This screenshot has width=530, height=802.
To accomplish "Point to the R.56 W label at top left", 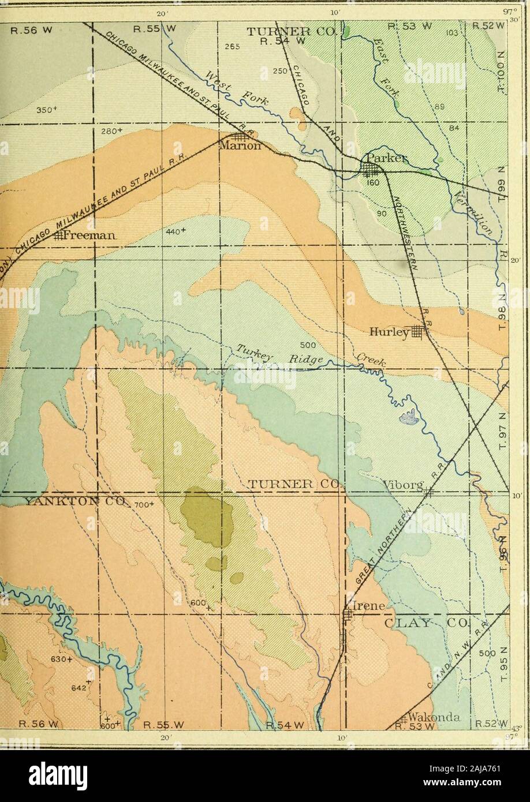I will [18, 26].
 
